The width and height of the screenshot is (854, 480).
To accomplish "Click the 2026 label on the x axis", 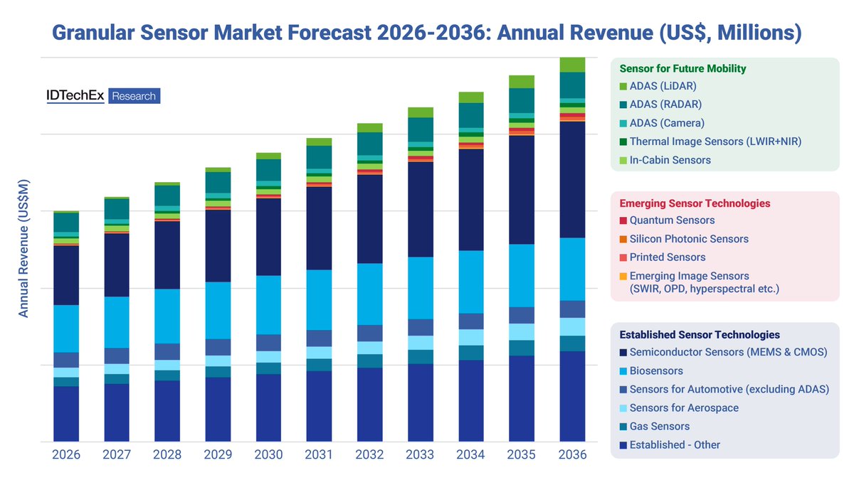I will (66, 455).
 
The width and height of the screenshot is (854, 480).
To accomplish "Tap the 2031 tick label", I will (319, 455).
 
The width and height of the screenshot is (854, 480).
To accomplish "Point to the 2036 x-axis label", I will (572, 455).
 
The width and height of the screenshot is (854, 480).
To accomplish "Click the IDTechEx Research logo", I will (103, 96).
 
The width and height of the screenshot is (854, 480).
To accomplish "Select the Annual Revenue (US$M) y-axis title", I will (23, 249).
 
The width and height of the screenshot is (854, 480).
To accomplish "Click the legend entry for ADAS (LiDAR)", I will (663, 86).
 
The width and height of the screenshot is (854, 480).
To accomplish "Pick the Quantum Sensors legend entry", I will (672, 220).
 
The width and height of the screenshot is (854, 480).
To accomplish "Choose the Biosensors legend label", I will (656, 370).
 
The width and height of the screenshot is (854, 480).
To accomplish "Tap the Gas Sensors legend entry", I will (659, 426).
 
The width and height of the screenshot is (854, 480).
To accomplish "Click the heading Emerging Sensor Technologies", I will (695, 203).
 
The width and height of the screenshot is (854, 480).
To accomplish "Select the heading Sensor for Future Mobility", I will (682, 69).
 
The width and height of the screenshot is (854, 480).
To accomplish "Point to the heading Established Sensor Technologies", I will (700, 334).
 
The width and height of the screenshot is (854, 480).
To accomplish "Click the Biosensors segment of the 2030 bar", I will (268, 304).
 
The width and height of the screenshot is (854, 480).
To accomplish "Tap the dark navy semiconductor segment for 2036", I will (572, 179).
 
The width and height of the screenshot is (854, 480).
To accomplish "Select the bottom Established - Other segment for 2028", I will (167, 411).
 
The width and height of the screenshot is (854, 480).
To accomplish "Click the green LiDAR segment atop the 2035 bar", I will (522, 81).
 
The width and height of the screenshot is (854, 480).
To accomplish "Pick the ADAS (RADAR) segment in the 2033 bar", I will (421, 129).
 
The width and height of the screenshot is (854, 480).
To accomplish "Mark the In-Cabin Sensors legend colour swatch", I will (623, 160).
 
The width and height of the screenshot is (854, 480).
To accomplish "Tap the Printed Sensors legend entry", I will (668, 257).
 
